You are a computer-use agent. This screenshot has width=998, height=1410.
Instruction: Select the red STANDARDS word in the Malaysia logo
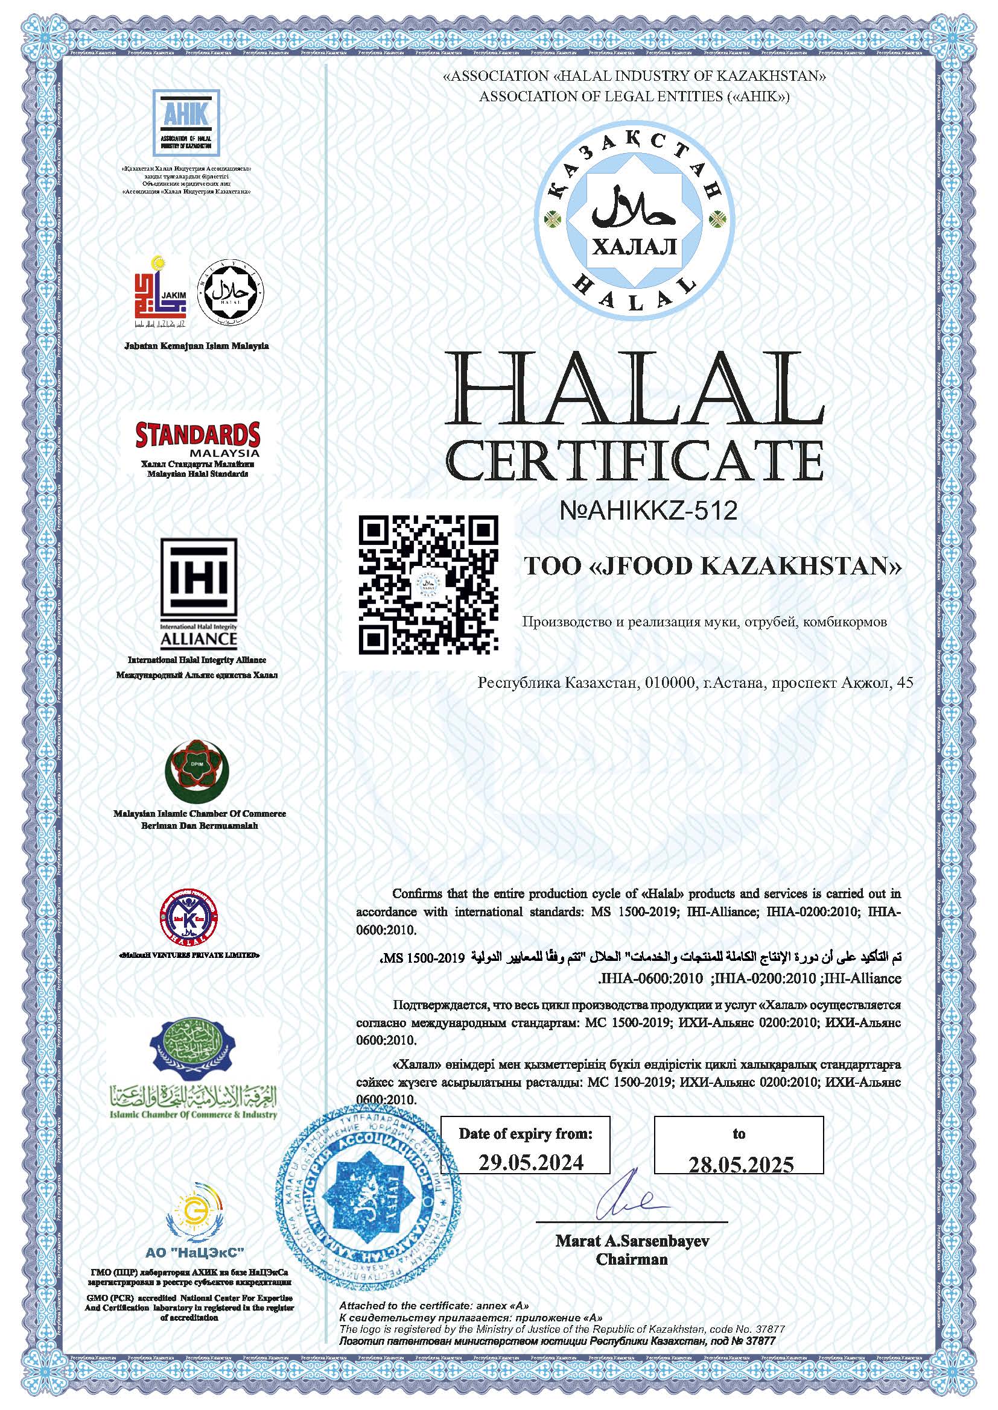pos(197,434)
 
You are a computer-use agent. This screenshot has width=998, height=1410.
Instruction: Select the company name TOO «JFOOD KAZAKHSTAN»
pos(711,566)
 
